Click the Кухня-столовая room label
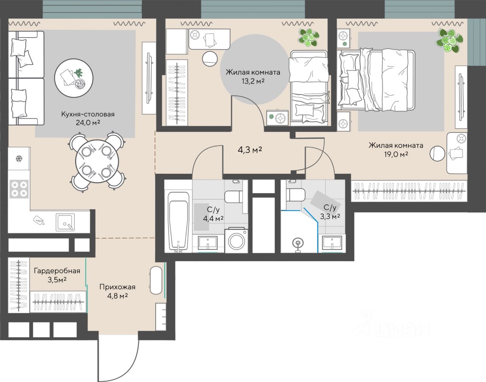[x=88, y=114]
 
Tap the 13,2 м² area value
[x=253, y=81]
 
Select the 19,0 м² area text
[x=396, y=154]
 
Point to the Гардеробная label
[x=57, y=271]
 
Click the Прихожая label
[x=117, y=287]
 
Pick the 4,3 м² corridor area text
[x=249, y=150]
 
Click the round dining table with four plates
[x=97, y=161]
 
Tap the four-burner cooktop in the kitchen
[x=19, y=189]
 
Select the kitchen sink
[x=65, y=222]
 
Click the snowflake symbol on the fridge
[x=19, y=159]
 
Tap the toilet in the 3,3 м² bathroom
[x=296, y=195]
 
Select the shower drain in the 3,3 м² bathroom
[x=298, y=243]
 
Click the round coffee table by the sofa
[x=74, y=78]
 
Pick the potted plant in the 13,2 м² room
[x=309, y=38]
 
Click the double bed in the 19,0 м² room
[x=376, y=80]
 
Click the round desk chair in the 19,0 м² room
[x=437, y=154]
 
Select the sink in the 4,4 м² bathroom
[x=208, y=243]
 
